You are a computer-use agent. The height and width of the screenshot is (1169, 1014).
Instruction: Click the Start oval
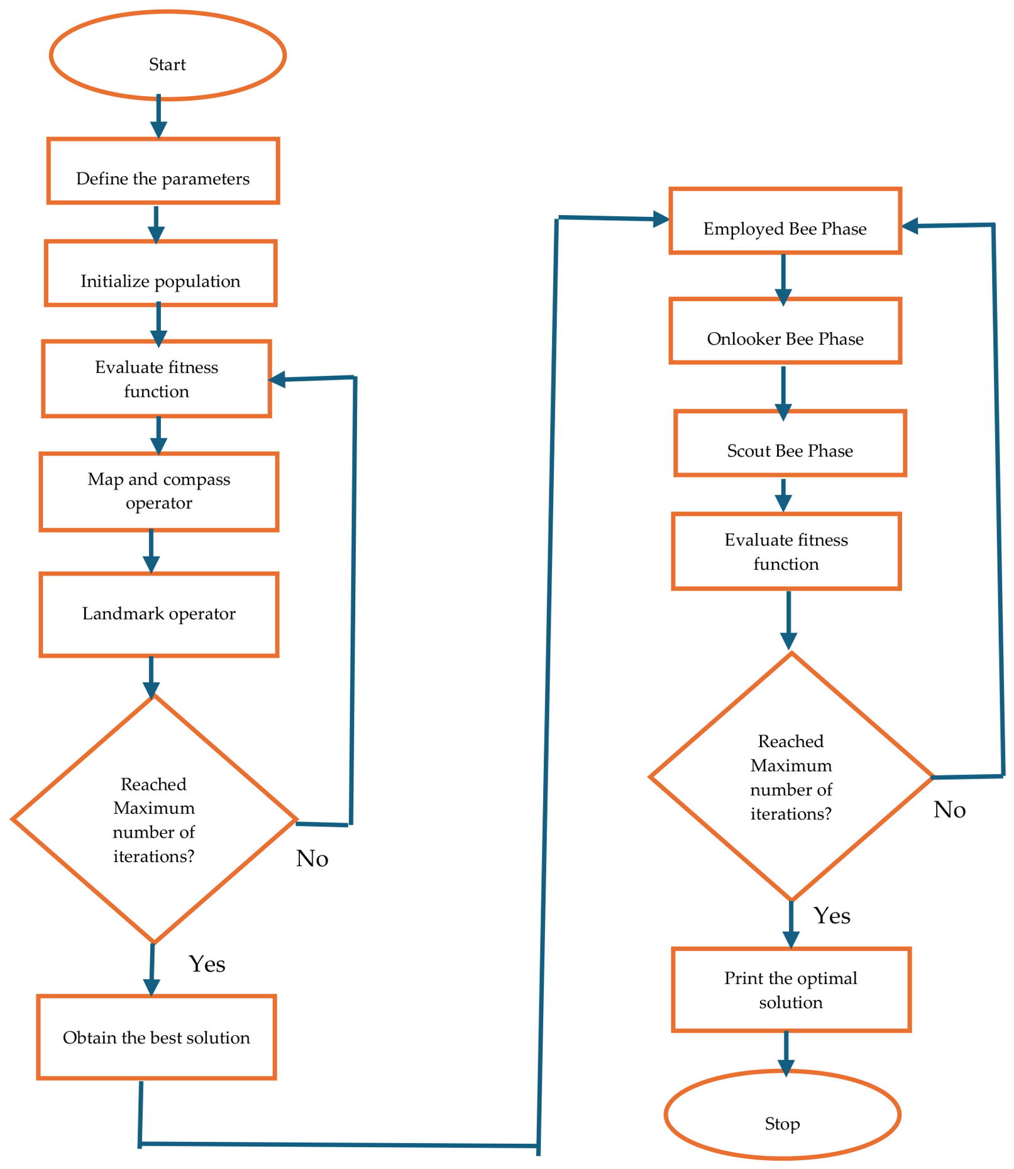168,55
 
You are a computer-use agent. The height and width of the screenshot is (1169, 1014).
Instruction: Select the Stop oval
783,1114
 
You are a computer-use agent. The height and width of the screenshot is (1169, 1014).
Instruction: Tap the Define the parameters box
163,171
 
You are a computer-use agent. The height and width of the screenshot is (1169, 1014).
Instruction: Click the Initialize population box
160,274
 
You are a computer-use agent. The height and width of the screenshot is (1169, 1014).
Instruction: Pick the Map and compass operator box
158,492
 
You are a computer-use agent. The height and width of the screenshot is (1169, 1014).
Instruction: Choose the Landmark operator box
158,614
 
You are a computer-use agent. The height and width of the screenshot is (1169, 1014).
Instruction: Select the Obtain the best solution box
157,1037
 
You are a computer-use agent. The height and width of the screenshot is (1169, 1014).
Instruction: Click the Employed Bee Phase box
785,221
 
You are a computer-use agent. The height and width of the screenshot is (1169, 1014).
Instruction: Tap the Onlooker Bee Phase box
785,331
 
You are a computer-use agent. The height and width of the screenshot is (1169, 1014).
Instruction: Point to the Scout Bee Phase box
790,443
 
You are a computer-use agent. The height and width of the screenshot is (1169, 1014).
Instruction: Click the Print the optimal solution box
791,990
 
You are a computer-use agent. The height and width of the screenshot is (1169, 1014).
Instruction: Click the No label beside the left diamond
312,858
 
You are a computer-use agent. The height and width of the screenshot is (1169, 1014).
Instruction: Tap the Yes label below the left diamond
207,964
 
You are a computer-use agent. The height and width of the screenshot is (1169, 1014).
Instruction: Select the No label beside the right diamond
949,809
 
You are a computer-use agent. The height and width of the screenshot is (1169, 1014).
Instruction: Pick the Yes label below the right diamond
832,916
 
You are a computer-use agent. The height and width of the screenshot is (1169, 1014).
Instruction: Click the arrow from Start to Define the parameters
158,116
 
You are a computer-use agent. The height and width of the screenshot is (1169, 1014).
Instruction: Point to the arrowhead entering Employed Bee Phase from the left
661,219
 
